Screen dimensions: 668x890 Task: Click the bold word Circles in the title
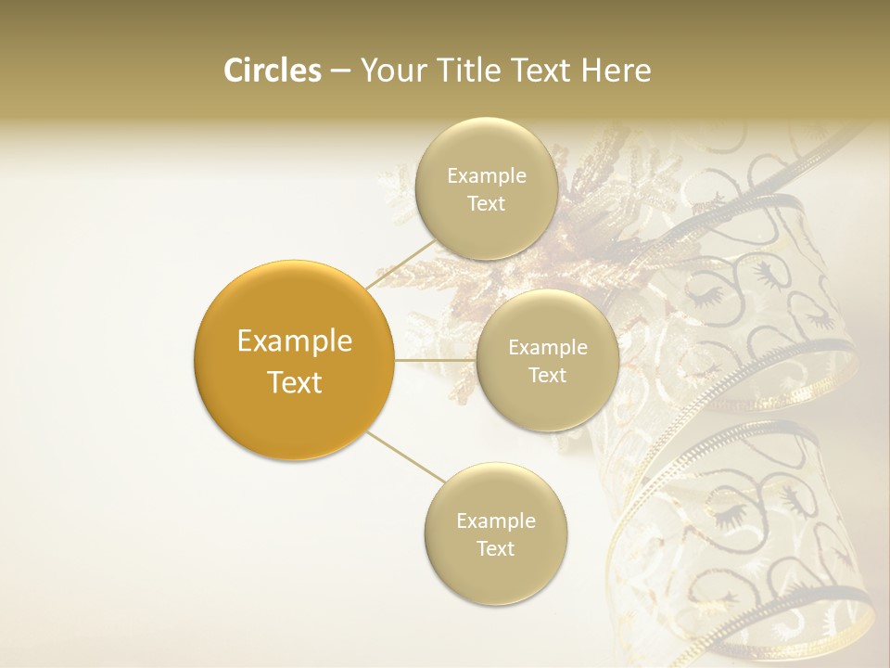point(272,71)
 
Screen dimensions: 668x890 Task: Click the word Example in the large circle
point(294,341)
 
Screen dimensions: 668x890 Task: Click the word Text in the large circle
point(294,382)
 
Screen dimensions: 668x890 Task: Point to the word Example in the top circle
point(486,176)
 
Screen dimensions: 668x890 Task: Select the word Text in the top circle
point(486,204)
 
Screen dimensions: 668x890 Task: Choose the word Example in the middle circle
point(547,348)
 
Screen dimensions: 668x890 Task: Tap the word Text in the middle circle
point(547,376)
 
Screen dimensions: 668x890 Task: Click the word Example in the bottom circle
point(495,520)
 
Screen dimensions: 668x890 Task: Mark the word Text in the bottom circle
point(495,548)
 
